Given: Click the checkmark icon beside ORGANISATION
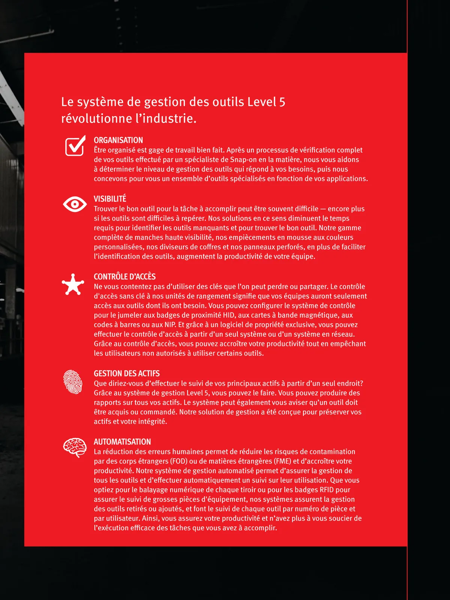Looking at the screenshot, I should tap(75, 146).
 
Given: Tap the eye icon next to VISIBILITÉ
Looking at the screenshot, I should tap(75, 204).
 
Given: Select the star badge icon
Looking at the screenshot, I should tap(73, 285).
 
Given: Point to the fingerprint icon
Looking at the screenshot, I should tap(73, 382).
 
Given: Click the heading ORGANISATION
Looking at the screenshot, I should tap(118, 140).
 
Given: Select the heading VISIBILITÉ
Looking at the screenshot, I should tap(110, 199).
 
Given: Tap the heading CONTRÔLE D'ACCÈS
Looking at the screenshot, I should tap(124, 277).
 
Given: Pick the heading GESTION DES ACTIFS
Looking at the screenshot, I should tap(126, 373).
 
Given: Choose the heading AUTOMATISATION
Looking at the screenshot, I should tap(122, 442).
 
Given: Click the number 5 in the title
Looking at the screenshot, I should tap(282, 102).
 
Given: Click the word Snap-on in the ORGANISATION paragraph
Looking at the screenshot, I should tap(243, 160).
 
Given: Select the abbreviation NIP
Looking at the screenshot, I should tap(170, 325).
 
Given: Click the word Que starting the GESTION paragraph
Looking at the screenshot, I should tap(100, 384).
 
